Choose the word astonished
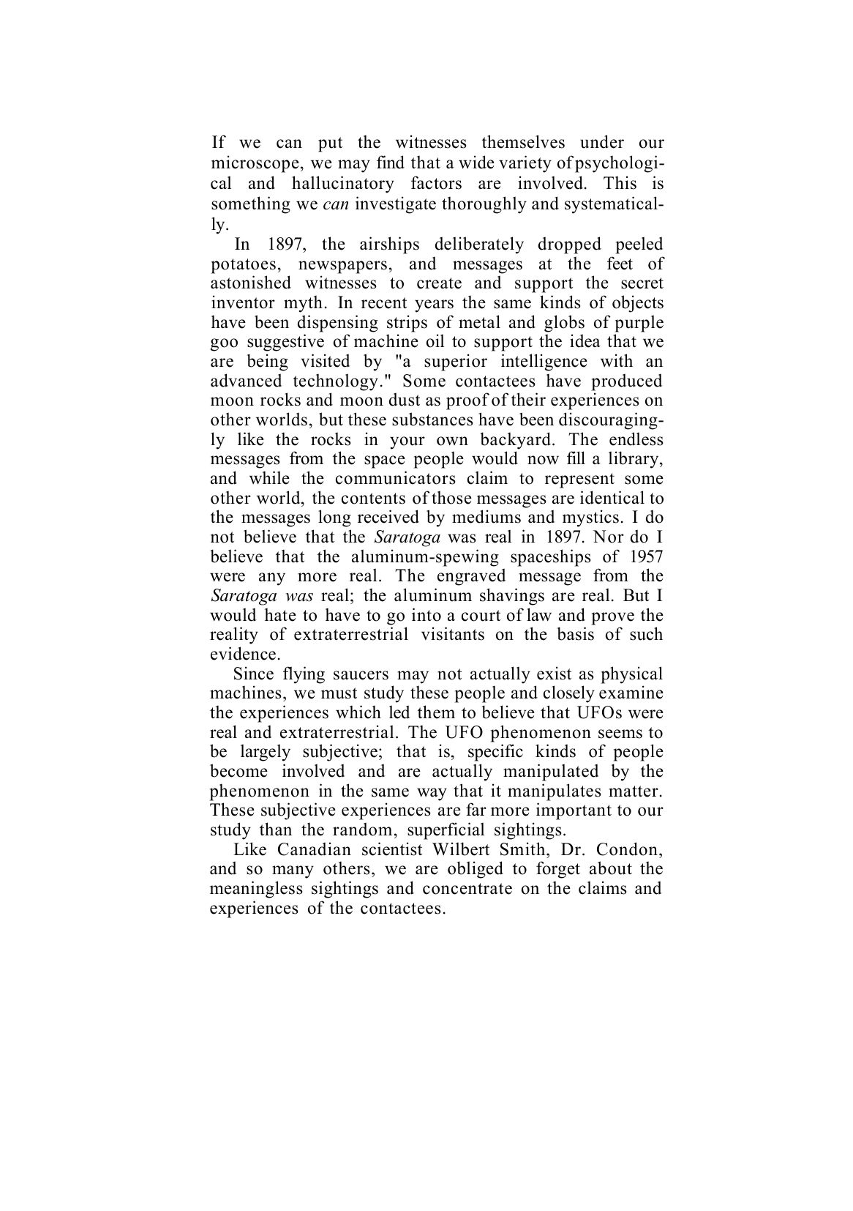pyautogui.click(x=250, y=283)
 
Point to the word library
pyautogui.click(x=636, y=459)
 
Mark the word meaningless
pyautogui.click(x=255, y=889)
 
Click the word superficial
pyautogui.click(x=446, y=830)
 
